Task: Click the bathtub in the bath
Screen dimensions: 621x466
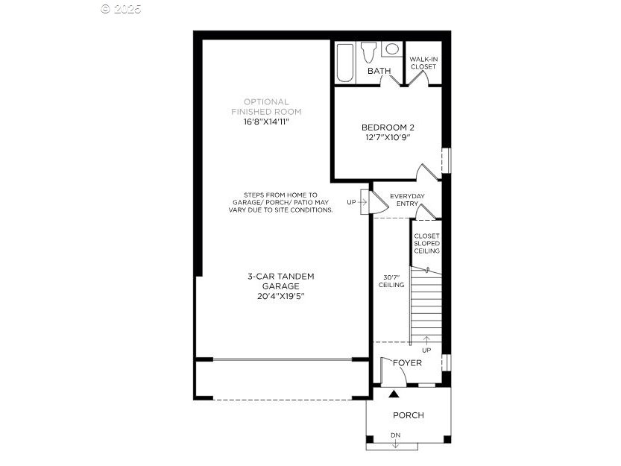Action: tap(344, 63)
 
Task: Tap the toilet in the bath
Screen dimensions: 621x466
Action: tap(368, 52)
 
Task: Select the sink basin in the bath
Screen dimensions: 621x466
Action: tap(392, 49)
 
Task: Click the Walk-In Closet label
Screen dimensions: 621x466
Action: tap(423, 63)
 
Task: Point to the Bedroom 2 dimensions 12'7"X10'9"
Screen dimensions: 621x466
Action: tap(388, 137)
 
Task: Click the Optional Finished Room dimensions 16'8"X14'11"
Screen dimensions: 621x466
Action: tap(267, 122)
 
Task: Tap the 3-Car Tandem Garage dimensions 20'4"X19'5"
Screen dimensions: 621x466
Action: tap(281, 296)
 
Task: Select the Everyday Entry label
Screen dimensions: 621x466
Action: tap(407, 200)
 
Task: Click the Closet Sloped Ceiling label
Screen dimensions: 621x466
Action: tap(427, 243)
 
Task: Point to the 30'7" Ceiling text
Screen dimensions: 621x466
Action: tap(391, 281)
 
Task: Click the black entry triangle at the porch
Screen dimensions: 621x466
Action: tap(394, 394)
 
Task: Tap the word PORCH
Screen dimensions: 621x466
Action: tap(409, 415)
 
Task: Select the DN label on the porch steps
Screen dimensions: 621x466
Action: tap(396, 435)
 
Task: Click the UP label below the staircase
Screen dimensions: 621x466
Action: tap(426, 350)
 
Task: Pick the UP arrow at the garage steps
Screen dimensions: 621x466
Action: tap(362, 202)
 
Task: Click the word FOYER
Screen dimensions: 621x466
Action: tap(407, 363)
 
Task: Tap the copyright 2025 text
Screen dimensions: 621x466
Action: tap(121, 9)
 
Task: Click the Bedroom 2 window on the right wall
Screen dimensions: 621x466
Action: tap(447, 160)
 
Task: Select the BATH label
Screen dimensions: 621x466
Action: tap(379, 71)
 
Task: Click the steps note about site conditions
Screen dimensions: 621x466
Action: tap(280, 203)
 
